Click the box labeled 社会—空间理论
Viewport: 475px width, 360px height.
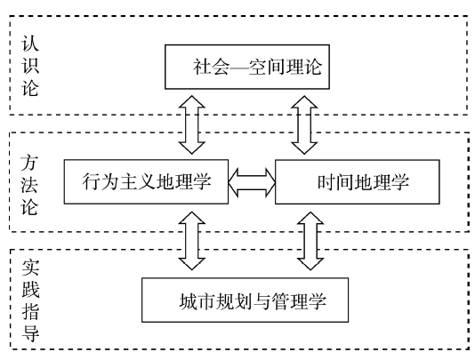tap(247, 67)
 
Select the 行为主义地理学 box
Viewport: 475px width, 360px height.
tap(146, 181)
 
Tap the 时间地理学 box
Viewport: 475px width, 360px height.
tap(358, 181)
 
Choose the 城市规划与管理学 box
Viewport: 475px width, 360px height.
tap(246, 300)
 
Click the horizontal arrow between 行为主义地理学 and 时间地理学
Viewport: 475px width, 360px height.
tap(252, 182)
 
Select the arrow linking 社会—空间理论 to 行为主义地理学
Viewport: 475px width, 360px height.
tap(192, 124)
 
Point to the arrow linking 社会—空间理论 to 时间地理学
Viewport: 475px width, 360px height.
tap(304, 124)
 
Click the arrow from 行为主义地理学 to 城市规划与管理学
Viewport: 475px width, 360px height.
tap(192, 241)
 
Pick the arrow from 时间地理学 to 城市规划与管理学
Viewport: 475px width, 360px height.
tap(310, 241)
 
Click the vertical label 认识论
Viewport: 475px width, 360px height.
tap(30, 66)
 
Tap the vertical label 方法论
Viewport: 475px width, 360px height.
tap(29, 185)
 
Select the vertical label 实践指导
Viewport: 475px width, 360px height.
tap(30, 300)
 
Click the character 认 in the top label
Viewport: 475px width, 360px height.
tap(30, 44)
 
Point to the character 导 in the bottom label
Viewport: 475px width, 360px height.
tap(30, 333)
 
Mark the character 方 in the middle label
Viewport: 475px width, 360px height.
tap(29, 163)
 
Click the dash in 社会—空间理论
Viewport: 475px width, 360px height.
tap(239, 68)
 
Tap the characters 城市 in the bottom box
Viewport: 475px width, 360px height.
tap(197, 301)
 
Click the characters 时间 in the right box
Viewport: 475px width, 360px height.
tap(335, 182)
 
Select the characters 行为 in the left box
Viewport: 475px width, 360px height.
tap(101, 181)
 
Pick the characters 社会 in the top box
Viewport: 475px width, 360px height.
tap(212, 67)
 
